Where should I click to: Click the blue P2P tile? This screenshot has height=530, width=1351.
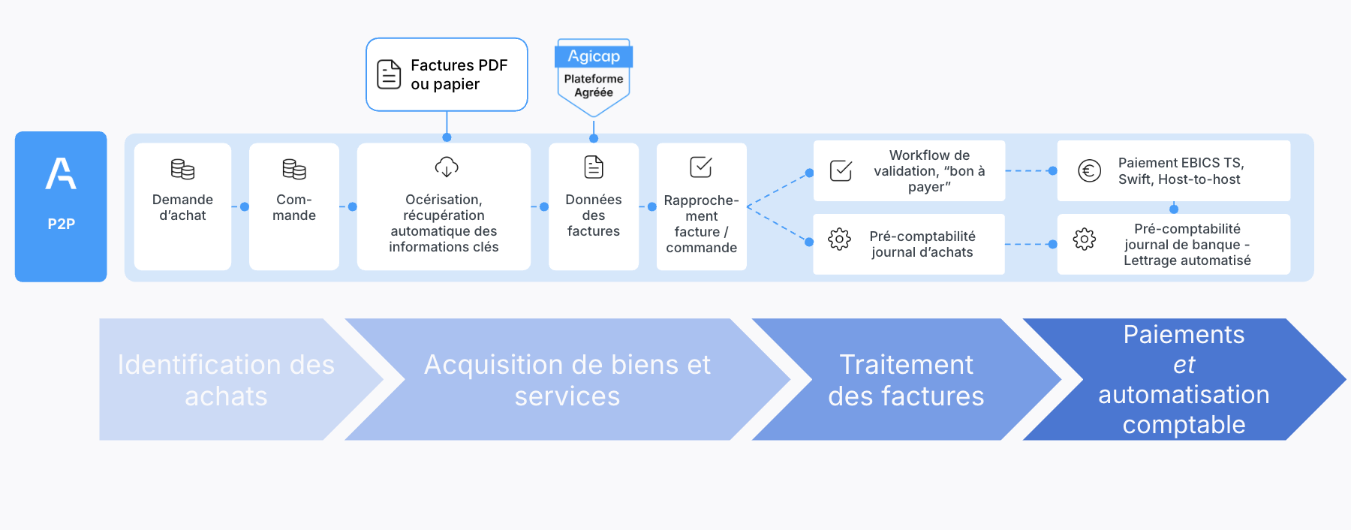[61, 206]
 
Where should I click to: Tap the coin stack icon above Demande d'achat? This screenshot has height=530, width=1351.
[182, 170]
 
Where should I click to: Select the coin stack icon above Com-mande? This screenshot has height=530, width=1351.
[294, 170]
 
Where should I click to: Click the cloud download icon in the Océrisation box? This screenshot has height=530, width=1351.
[447, 167]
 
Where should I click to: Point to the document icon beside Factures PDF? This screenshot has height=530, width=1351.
[389, 74]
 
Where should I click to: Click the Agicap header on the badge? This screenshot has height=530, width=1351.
[594, 56]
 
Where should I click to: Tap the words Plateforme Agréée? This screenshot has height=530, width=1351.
[594, 86]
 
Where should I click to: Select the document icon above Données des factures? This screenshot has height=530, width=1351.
[594, 167]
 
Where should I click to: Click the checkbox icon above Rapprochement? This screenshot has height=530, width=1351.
[701, 167]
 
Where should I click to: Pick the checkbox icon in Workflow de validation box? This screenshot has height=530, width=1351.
[841, 170]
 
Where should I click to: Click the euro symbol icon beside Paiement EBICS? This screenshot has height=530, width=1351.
[1090, 170]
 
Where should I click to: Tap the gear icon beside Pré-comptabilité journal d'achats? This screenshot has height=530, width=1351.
[839, 239]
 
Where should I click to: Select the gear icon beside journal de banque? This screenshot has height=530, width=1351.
[1085, 239]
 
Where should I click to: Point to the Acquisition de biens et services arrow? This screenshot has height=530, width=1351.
[567, 379]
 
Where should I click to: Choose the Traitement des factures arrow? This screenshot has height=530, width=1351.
[906, 379]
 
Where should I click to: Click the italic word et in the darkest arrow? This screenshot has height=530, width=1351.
[1184, 365]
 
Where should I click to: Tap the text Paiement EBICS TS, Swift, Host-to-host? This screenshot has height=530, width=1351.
[1181, 171]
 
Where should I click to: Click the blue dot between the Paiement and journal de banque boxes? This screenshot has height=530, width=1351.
[1174, 209]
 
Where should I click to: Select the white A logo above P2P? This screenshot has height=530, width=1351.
[61, 173]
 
